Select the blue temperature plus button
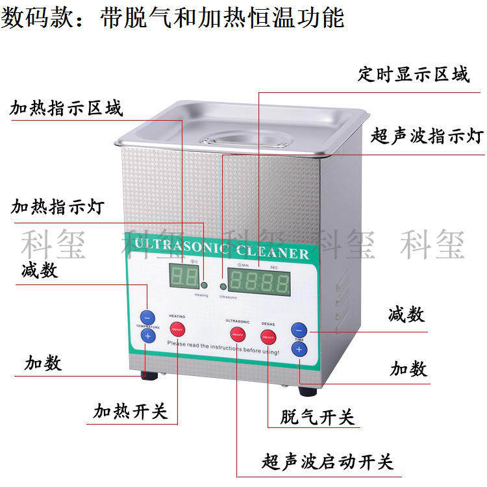click(147, 336)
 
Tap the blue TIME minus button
click(298, 329)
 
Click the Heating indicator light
click(204, 285)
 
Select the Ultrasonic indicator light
click(223, 286)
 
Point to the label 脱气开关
click(318, 416)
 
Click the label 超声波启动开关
click(327, 462)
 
